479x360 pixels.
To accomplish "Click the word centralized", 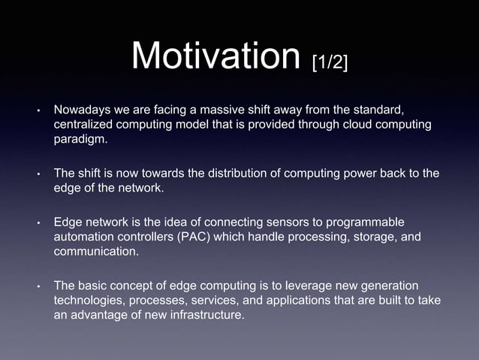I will tap(86, 125).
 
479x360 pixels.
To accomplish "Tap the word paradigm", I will tap(80, 138).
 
